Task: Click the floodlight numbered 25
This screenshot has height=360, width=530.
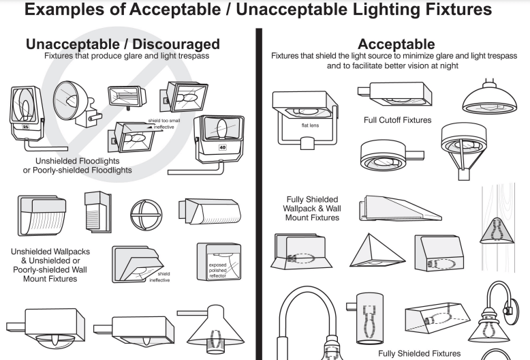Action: pyautogui.click(x=27, y=113)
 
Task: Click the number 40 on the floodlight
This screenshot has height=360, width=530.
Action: pyautogui.click(x=222, y=147)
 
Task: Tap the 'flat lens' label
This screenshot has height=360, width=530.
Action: pyautogui.click(x=310, y=125)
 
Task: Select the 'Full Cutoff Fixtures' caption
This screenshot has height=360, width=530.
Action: pyautogui.click(x=398, y=120)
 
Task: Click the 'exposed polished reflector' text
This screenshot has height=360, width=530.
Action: pyautogui.click(x=218, y=270)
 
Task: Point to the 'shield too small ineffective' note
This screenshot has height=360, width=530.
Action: pyautogui.click(x=164, y=124)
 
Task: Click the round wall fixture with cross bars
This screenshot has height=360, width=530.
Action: pyautogui.click(x=146, y=215)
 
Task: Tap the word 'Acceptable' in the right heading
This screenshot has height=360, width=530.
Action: pyautogui.click(x=396, y=44)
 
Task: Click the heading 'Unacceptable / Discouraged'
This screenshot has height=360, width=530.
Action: pyautogui.click(x=123, y=44)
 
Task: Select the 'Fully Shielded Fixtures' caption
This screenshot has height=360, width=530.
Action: pyautogui.click(x=419, y=354)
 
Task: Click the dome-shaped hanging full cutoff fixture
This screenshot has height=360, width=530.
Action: pyautogui.click(x=489, y=97)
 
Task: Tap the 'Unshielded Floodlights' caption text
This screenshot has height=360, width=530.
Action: pyautogui.click(x=78, y=161)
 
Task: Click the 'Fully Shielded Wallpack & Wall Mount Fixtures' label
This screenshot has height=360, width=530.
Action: pyautogui.click(x=312, y=209)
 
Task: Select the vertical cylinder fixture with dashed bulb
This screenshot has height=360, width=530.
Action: pyautogui.click(x=369, y=318)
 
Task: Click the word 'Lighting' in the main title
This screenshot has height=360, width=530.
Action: pyautogui.click(x=387, y=10)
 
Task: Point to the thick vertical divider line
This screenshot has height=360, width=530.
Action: pyautogui.click(x=259, y=194)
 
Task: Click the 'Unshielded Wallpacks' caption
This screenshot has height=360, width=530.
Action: pyautogui.click(x=50, y=252)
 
